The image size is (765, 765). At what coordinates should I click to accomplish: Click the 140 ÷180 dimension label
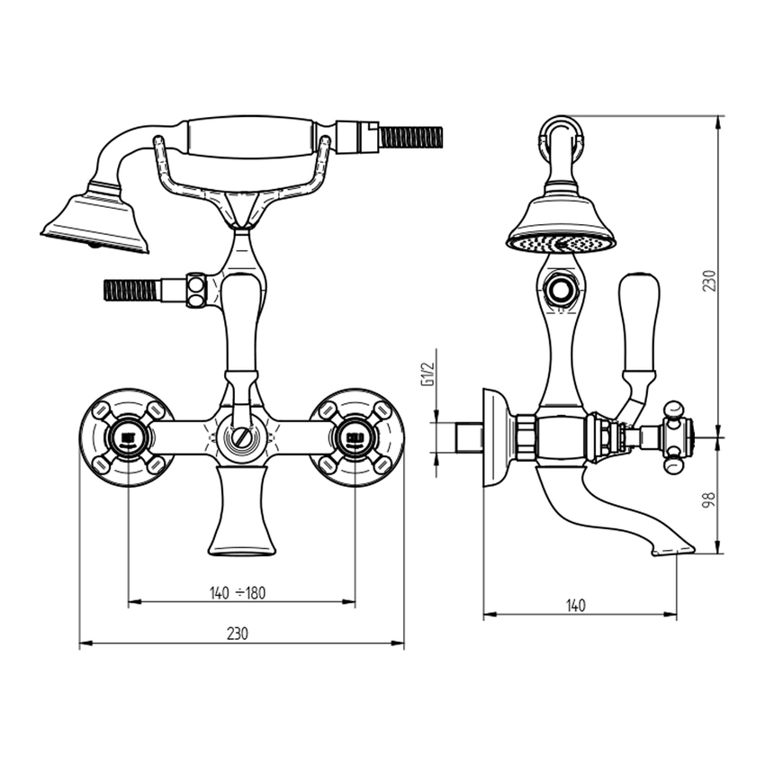pos(238,592)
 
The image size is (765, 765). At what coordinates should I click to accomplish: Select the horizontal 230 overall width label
pos(237,634)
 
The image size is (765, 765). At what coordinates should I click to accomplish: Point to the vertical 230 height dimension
pos(709,280)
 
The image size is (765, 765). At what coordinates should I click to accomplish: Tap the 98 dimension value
pos(709,497)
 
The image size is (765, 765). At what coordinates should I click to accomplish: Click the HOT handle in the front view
pos(127,438)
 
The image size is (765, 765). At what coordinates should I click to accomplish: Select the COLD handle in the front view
pos(355,438)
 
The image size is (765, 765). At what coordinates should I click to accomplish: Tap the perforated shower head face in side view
pos(561,243)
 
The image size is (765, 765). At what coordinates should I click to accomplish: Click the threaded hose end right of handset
pos(410,138)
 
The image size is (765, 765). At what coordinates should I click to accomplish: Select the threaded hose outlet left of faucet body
pos(131,290)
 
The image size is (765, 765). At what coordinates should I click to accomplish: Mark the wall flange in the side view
pos(494,437)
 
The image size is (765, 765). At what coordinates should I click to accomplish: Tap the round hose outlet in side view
pos(562,291)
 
